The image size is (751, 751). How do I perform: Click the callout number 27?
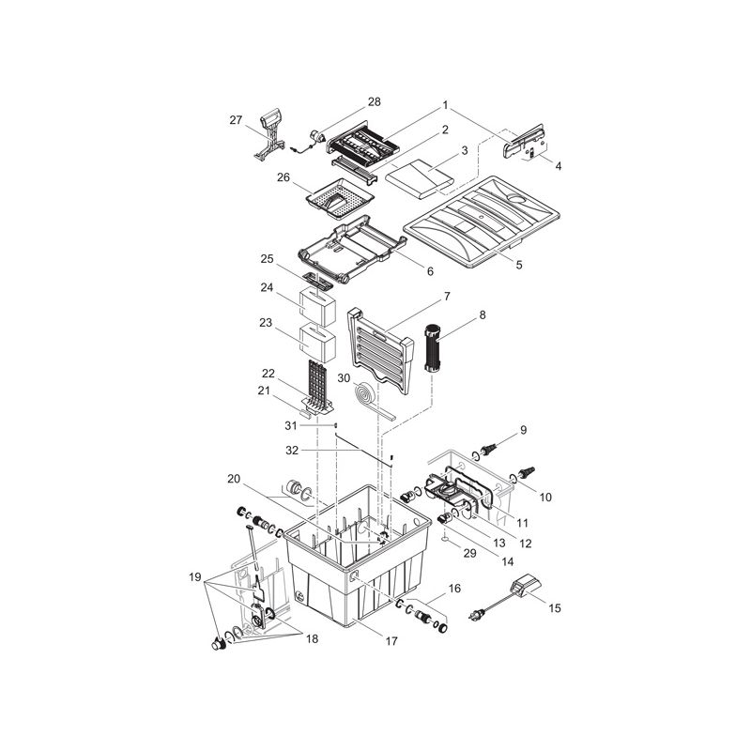236,119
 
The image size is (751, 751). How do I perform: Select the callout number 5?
518,265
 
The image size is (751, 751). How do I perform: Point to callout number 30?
344,377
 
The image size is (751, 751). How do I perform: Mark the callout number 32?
292,450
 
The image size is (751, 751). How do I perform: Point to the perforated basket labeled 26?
342,198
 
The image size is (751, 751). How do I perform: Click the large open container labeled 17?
357,563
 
